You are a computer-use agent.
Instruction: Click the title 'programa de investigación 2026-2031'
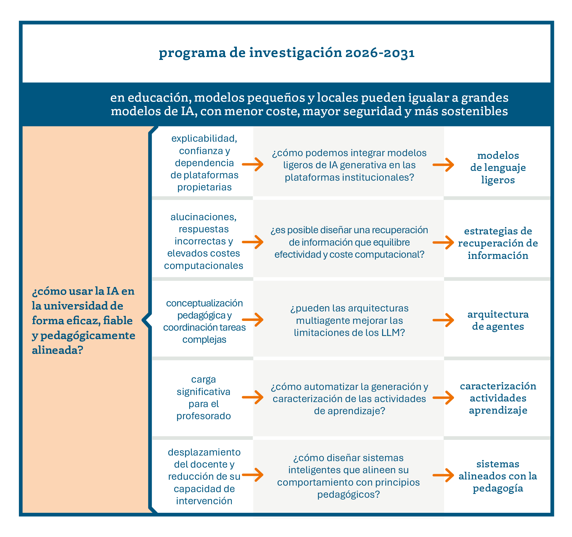point(286,53)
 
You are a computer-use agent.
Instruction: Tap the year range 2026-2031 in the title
point(380,53)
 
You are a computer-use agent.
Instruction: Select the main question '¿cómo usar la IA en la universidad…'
point(83,320)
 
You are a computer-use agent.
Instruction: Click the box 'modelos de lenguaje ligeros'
point(498,167)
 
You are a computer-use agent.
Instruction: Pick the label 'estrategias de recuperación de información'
point(498,243)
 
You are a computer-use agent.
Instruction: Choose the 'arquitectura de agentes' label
point(498,320)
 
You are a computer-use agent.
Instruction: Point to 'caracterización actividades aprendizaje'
point(498,398)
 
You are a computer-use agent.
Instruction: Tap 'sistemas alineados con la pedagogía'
point(498,476)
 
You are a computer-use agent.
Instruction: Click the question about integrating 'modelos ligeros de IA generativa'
point(349,165)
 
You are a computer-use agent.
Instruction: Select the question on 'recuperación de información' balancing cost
point(349,242)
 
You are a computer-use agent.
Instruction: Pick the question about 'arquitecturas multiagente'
point(349,320)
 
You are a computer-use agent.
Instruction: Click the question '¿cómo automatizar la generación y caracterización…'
point(349,399)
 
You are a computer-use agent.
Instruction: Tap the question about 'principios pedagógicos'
point(348,476)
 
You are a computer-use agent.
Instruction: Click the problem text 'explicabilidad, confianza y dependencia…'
point(204,163)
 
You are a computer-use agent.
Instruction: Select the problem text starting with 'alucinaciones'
point(204,241)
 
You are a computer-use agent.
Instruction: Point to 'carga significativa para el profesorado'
point(204,398)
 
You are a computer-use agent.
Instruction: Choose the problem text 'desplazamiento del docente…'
point(204,476)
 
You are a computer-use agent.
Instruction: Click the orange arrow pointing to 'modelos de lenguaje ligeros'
point(443,165)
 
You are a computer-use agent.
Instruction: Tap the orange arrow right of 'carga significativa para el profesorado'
point(253,397)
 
